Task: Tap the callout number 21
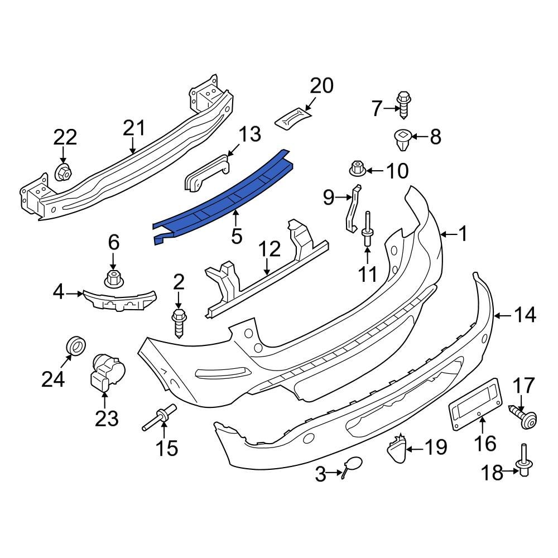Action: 134,128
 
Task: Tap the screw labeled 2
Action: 180,324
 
